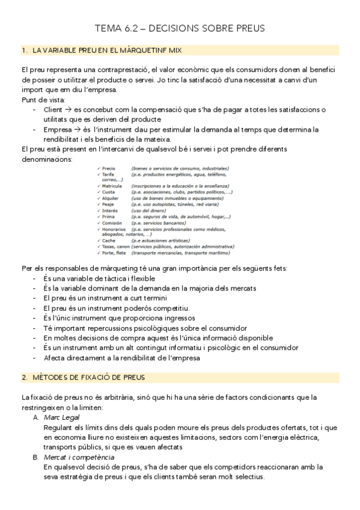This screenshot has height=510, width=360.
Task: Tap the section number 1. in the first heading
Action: pos(24,51)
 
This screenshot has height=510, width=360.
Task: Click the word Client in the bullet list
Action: pos(53,109)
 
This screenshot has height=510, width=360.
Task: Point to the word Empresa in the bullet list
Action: pos(57,129)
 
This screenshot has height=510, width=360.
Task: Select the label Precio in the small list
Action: pos(109,169)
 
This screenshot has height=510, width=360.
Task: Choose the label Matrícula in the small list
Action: pos(112,186)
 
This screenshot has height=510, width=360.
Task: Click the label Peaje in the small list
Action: pos(108,204)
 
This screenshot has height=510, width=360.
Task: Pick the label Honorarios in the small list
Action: pos(114,229)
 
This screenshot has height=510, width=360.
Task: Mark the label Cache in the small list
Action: pos(109,241)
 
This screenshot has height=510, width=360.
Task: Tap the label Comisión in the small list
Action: pos(112,223)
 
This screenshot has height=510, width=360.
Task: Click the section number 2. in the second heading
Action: pos(24,377)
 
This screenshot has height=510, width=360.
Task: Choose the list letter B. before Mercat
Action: pos(36,457)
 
